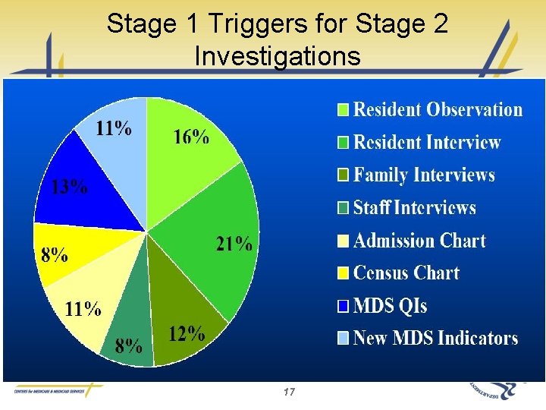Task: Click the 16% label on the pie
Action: (x=191, y=137)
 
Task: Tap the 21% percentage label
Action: (x=234, y=244)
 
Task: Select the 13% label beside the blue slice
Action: (x=69, y=188)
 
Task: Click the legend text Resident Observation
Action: (x=438, y=110)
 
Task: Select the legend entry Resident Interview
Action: (x=427, y=142)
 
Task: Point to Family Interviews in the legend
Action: (x=424, y=175)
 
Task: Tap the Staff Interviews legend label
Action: (x=415, y=208)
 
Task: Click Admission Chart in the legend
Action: (x=419, y=241)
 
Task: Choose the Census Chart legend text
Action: (x=406, y=273)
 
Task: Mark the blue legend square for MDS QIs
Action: (x=344, y=306)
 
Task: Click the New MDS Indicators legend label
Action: (x=435, y=338)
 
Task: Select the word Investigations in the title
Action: (x=277, y=55)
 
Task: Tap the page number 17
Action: (x=287, y=392)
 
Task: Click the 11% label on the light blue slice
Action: (x=113, y=128)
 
